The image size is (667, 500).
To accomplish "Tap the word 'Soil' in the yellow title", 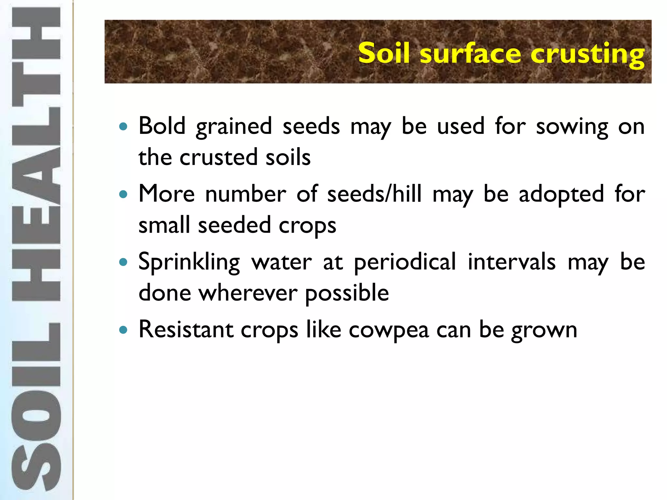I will [x=384, y=53].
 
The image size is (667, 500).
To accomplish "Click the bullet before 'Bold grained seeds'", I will [x=123, y=126].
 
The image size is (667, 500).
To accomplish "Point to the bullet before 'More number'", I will [x=123, y=194].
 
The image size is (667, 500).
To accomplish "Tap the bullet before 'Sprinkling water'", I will [x=123, y=262].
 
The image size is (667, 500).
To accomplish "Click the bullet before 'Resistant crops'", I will [x=123, y=330].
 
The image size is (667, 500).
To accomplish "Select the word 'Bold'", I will [x=162, y=126].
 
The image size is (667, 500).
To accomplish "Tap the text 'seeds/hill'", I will [x=374, y=194].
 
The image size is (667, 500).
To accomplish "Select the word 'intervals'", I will [x=511, y=262].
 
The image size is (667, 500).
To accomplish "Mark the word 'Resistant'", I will [x=186, y=329].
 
